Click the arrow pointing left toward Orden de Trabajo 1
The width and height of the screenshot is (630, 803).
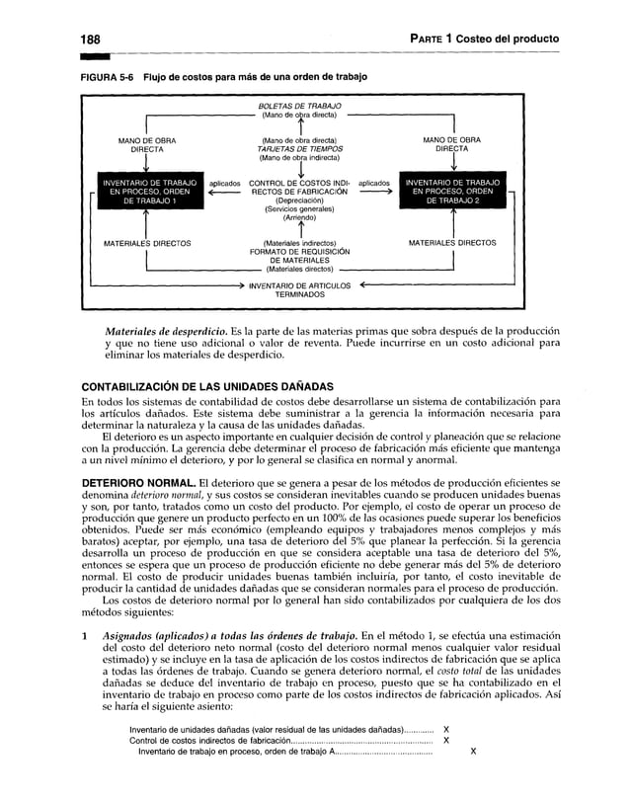pos(225,195)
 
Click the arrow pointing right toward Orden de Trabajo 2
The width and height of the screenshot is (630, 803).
pos(373,195)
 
